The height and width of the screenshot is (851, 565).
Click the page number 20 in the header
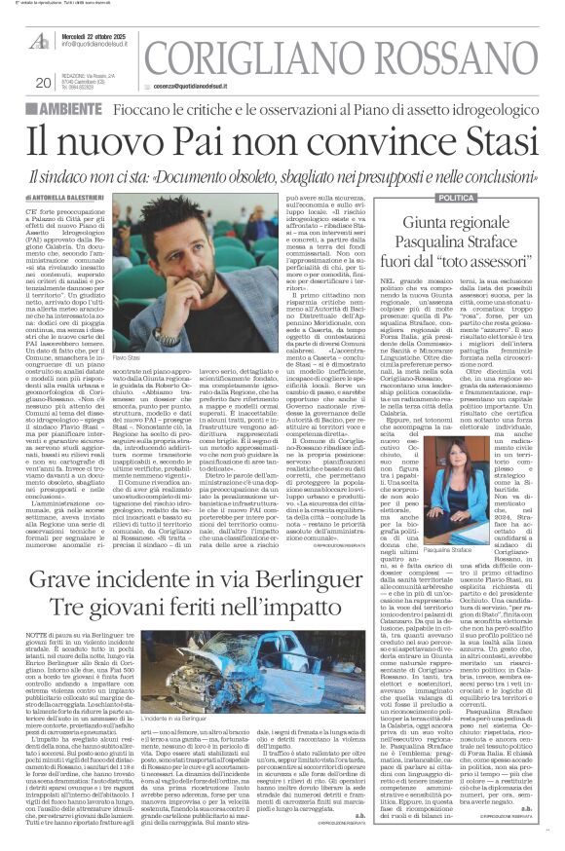click(x=16, y=83)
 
